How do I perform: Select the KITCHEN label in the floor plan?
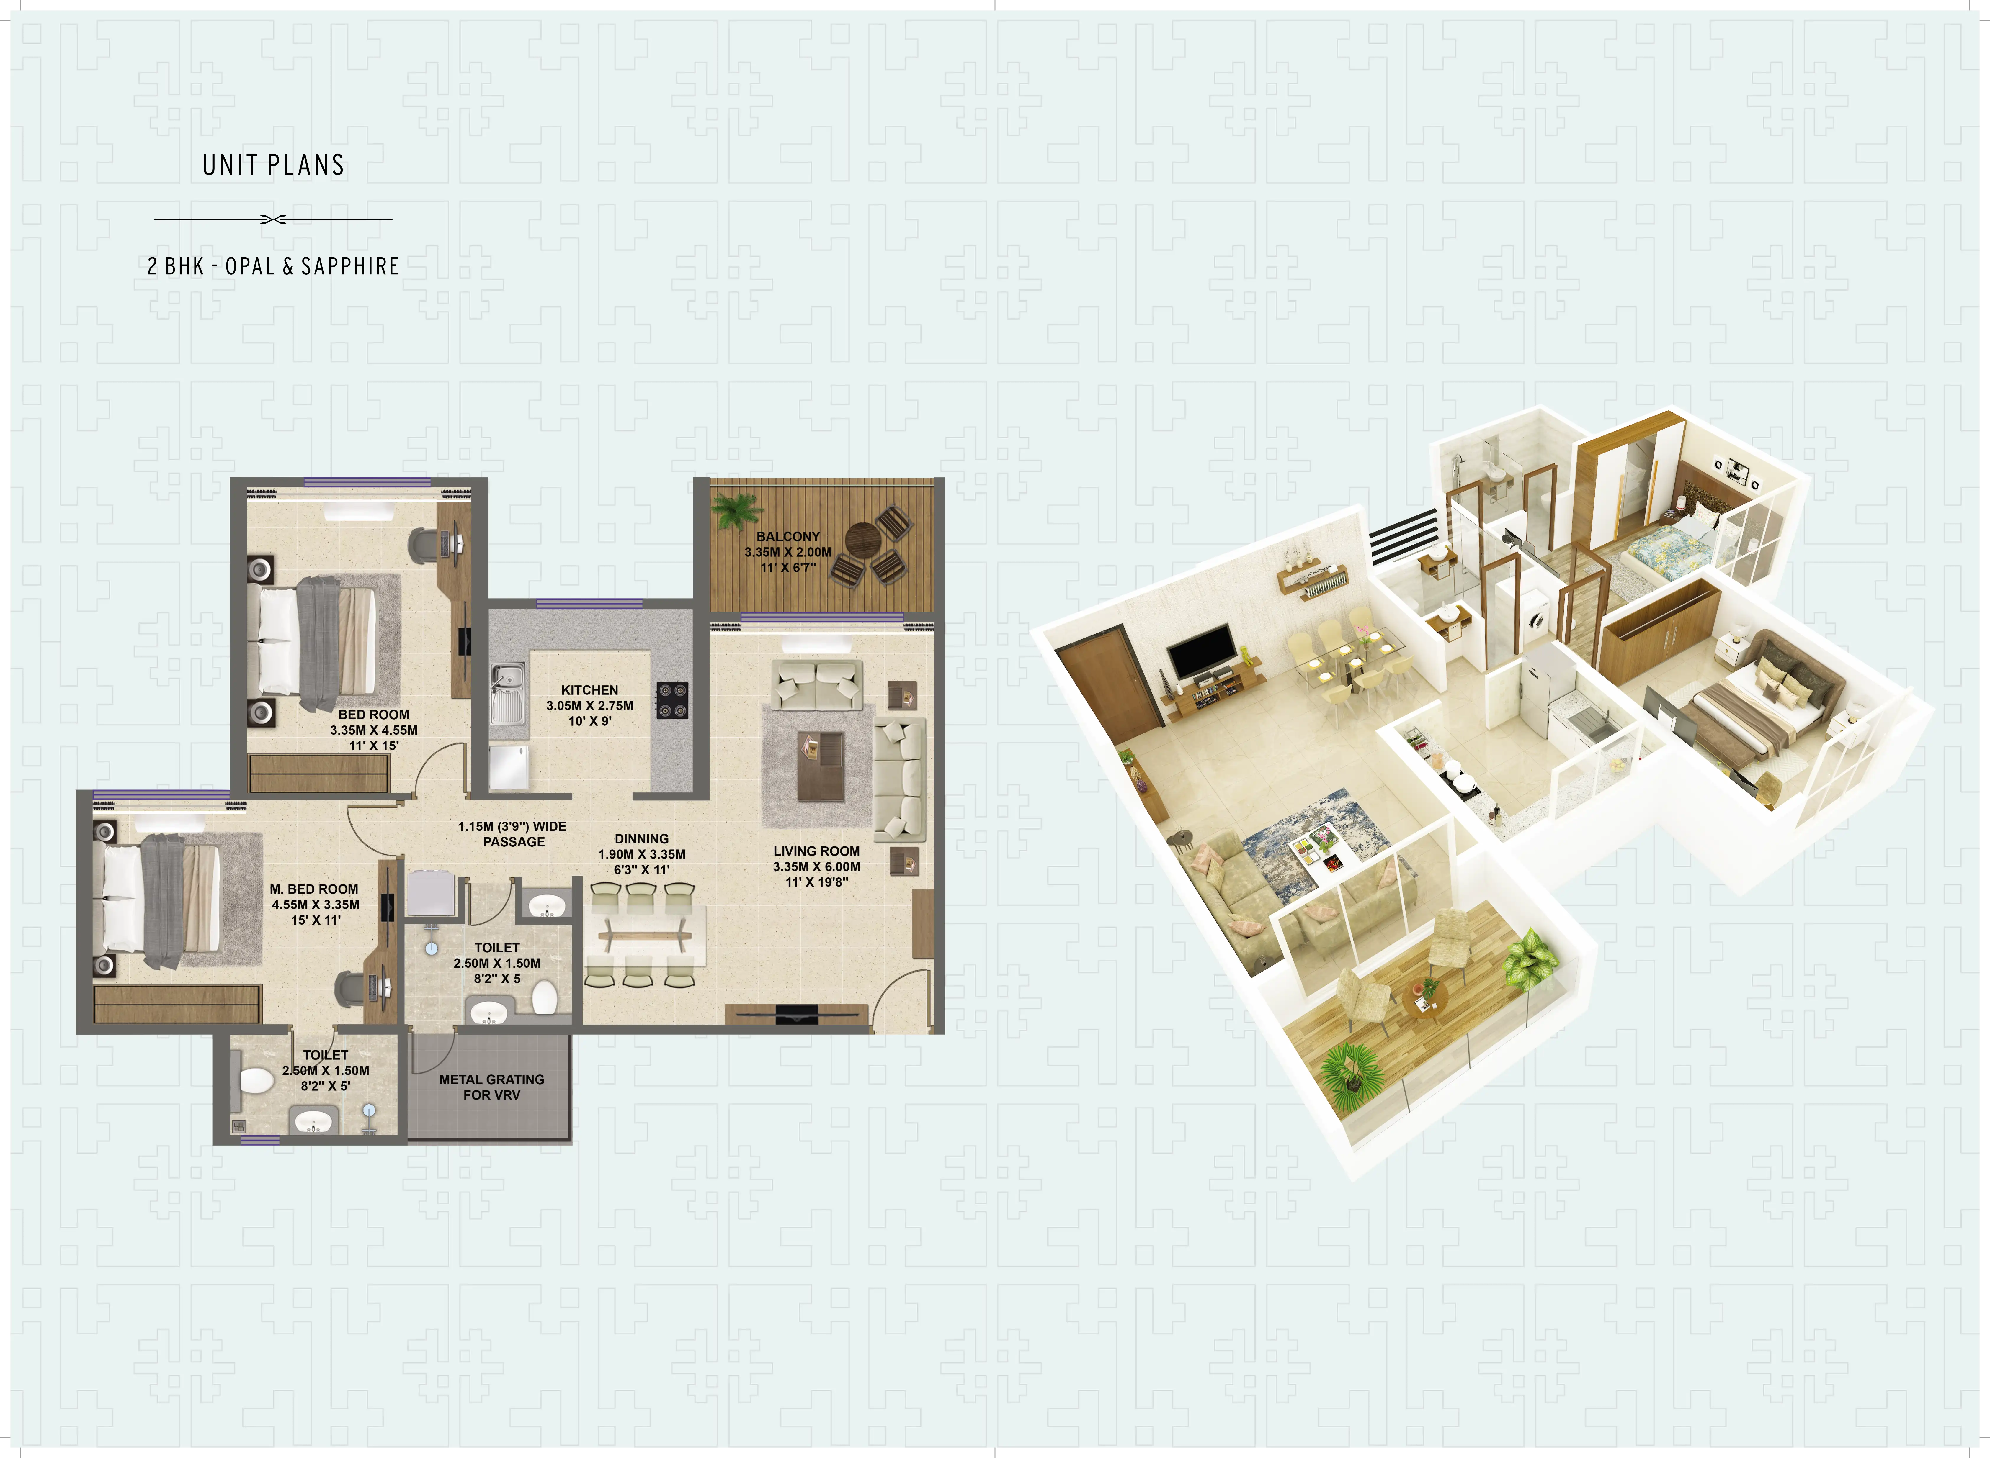[590, 690]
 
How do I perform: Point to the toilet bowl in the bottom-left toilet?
[256, 1080]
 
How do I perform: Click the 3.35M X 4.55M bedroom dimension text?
[373, 730]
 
